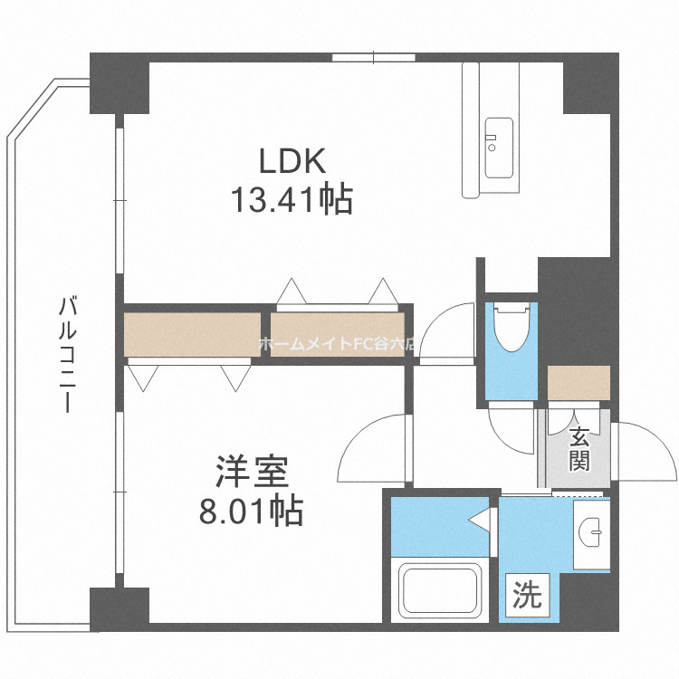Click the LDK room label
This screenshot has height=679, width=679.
click(292, 162)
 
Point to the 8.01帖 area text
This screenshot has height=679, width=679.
click(251, 512)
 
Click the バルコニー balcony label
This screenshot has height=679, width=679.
click(65, 354)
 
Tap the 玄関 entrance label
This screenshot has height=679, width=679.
click(579, 448)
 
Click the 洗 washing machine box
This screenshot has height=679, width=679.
click(527, 596)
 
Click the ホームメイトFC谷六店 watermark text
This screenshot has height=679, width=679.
click(337, 345)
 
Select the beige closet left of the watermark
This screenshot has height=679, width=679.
click(192, 334)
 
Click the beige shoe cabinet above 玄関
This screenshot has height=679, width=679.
click(579, 383)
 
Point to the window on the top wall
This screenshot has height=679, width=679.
click(373, 57)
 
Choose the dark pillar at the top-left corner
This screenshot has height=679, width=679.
click(119, 83)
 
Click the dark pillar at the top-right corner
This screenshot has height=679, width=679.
click(590, 83)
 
